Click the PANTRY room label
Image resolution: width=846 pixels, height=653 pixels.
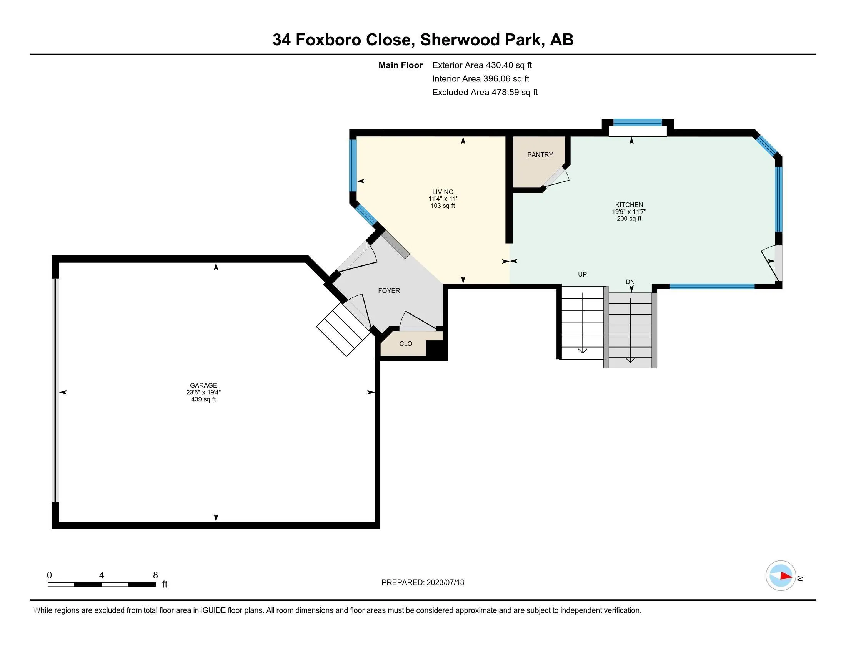point(540,155)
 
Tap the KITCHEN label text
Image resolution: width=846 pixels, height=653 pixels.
point(629,205)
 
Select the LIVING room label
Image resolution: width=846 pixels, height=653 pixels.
point(443,192)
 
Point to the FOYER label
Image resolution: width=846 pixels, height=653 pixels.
point(389,290)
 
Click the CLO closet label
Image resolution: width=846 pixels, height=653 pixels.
point(406,343)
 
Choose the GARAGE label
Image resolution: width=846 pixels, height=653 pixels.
point(203,385)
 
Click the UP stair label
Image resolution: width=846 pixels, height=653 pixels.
point(582,274)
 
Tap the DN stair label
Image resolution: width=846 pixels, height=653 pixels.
point(630,282)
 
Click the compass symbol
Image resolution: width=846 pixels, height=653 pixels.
point(781,576)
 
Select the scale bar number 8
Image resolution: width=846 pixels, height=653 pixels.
point(155,575)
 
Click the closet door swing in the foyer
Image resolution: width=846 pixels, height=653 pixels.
point(418,321)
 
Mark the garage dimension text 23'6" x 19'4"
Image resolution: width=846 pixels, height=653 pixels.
point(203,392)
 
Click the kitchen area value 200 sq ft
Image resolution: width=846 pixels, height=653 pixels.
point(629,219)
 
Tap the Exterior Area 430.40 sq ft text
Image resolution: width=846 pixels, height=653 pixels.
point(482,65)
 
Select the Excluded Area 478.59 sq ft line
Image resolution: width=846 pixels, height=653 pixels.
point(485,92)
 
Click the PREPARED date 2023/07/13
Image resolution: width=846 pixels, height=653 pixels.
point(445,583)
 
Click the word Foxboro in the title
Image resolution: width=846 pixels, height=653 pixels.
point(328,40)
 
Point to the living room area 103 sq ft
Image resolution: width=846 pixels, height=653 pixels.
point(443,206)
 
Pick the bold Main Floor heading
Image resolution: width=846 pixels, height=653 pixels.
point(401,65)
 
